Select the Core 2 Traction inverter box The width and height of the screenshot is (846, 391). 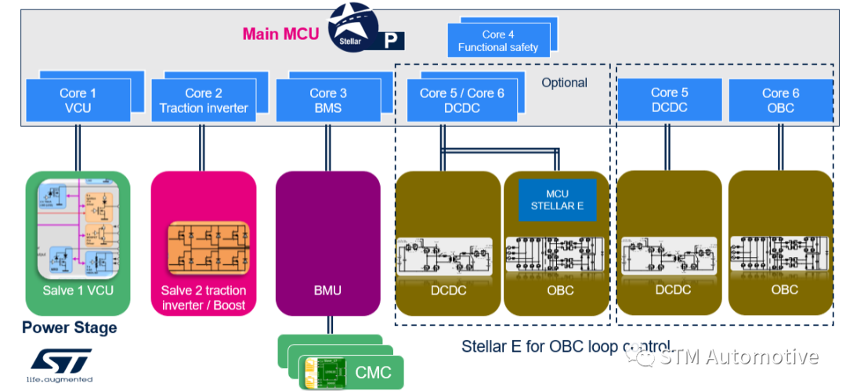(x=204, y=100)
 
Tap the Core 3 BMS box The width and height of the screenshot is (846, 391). (x=327, y=100)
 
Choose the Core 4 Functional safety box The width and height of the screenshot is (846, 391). (x=498, y=41)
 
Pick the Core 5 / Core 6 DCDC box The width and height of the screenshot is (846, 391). (x=462, y=100)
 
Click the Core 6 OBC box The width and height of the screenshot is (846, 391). (x=780, y=100)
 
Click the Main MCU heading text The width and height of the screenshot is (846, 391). (x=280, y=34)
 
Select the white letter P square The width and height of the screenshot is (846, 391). (x=389, y=41)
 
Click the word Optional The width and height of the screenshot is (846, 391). (x=564, y=82)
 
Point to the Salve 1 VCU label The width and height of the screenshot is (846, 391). (x=78, y=290)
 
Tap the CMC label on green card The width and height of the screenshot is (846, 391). (x=373, y=371)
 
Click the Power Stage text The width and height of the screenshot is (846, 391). (x=69, y=328)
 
